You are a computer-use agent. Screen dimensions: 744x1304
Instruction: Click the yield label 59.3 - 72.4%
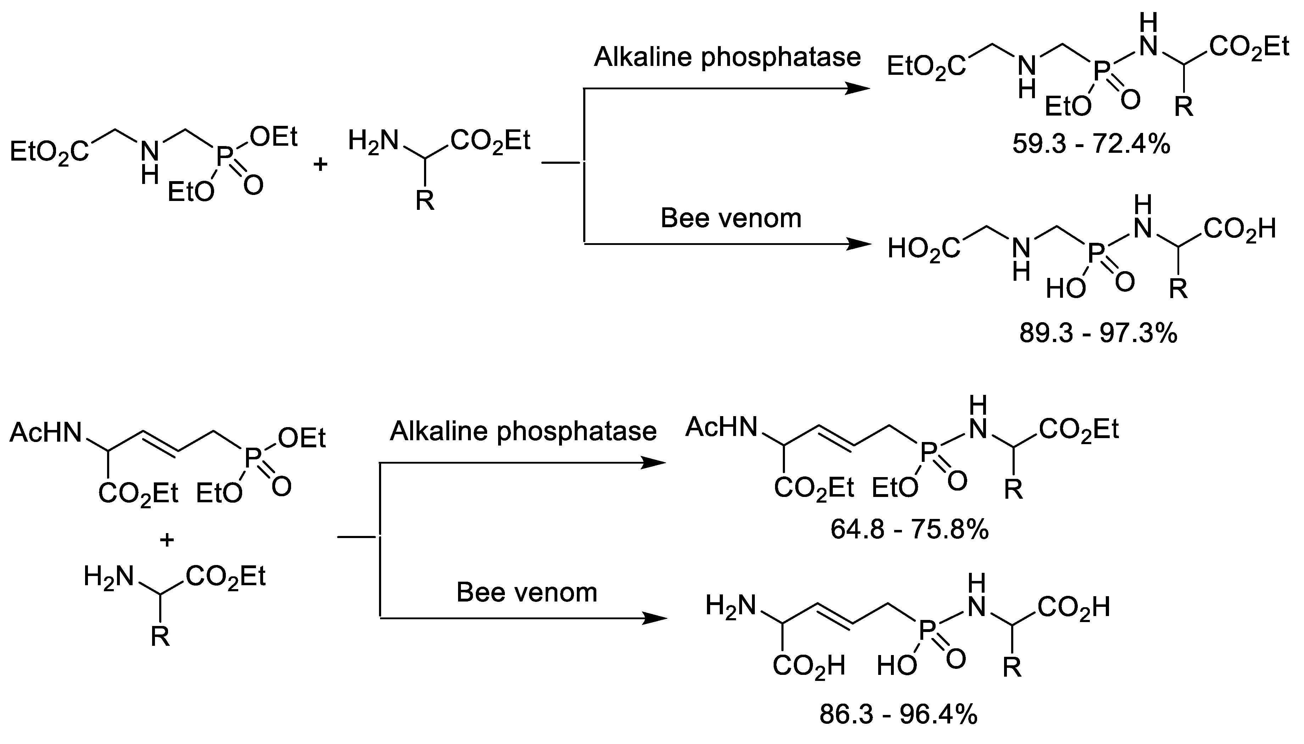1091,145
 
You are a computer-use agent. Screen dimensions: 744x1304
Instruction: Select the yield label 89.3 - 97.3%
1098,334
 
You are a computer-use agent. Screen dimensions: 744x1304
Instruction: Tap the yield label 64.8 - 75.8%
909,530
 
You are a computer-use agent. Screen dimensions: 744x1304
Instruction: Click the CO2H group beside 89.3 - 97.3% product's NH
1239,229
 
